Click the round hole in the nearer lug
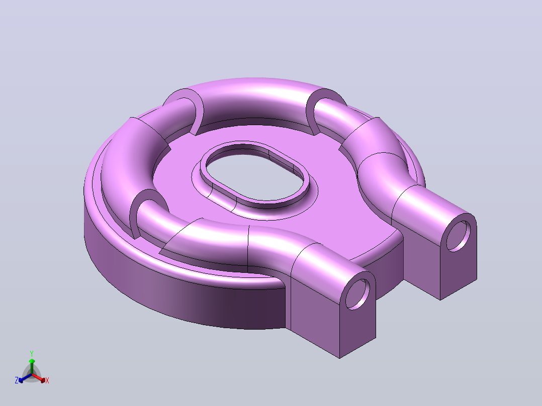tap(357, 294)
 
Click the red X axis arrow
tap(38, 378)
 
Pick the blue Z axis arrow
tap(25, 378)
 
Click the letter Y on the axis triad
tap(32, 354)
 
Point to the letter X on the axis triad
tap(47, 380)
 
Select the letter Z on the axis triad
tap(16, 380)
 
